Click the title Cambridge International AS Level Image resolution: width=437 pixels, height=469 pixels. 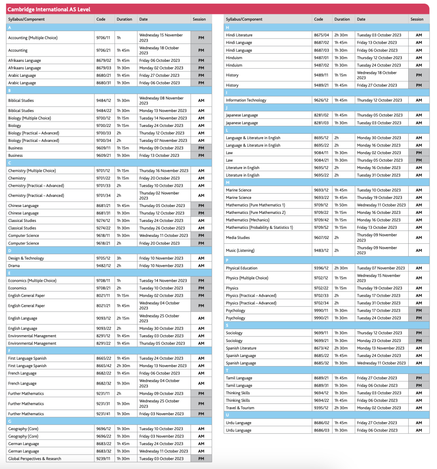pos(49,9)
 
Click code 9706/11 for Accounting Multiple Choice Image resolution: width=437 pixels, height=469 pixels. pos(103,38)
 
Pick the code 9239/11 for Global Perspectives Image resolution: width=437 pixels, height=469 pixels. pos(103,458)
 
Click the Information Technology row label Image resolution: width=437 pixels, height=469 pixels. pos(246,100)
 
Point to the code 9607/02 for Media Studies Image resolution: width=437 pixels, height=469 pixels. pos(321,238)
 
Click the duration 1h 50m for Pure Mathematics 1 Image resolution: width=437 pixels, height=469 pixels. pos(340,205)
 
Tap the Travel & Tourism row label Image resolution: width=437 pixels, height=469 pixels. pos(240,408)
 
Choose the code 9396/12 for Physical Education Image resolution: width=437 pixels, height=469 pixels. pos(321,268)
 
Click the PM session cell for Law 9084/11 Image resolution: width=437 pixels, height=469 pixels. pos(419,153)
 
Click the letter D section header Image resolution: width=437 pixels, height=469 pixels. pos(10,251)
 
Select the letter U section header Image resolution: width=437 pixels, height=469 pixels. pos(227,415)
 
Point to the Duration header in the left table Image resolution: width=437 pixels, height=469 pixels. pos(124,19)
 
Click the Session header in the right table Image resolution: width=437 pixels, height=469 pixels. pos(417,19)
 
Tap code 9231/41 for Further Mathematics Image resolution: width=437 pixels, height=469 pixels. pos(103,414)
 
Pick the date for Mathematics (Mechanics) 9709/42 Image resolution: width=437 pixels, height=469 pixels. pos(378,220)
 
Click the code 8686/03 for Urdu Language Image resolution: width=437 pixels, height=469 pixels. pos(321,430)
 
